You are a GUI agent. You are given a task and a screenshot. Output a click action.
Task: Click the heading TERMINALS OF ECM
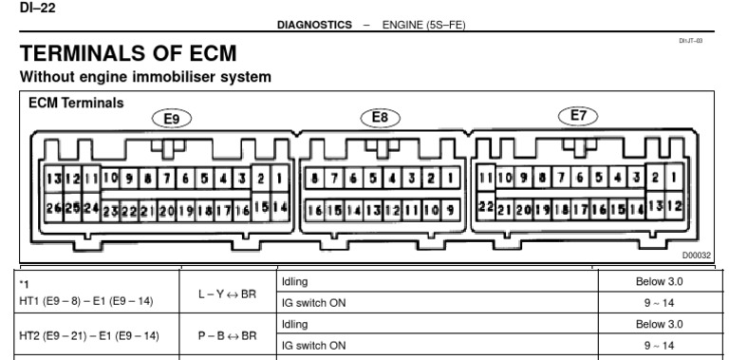[x=128, y=55]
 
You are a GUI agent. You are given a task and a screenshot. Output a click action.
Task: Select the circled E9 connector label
[x=172, y=120]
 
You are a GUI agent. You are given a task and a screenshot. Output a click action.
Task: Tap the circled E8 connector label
[x=380, y=117]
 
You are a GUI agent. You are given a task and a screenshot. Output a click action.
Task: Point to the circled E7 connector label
[x=578, y=116]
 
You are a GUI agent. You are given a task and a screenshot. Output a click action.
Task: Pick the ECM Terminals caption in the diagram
[x=77, y=104]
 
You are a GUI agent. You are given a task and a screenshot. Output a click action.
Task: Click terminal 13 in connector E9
[x=51, y=179]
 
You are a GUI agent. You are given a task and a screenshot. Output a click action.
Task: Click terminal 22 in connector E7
[x=484, y=206]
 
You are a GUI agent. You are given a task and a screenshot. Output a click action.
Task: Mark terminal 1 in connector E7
[x=672, y=178]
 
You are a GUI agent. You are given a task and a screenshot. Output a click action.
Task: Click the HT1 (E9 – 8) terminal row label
[x=86, y=300]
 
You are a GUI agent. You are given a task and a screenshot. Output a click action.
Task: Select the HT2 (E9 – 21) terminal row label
[x=86, y=336]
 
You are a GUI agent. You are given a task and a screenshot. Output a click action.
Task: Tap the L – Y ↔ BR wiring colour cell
[x=227, y=294]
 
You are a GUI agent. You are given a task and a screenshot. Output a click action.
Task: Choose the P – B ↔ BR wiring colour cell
[x=227, y=336]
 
